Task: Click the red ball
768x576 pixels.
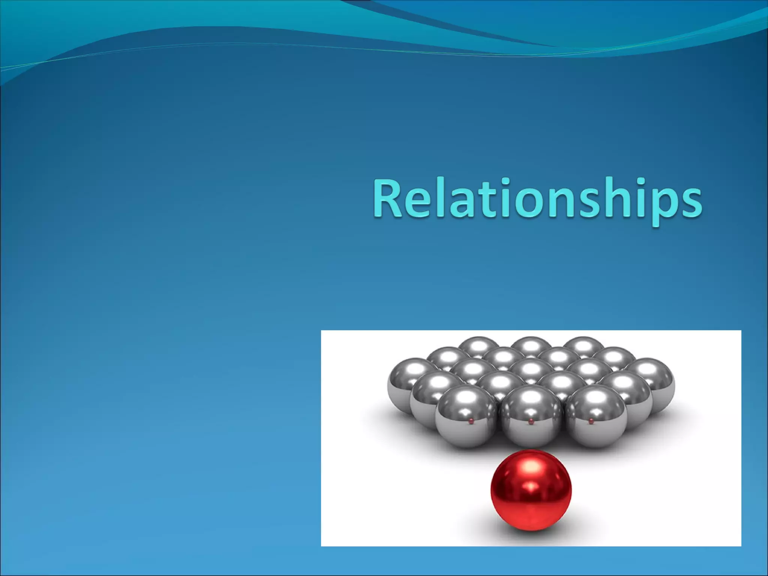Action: coord(531,491)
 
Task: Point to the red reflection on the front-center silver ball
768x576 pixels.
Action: coord(531,422)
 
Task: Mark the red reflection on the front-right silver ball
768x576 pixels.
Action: coord(591,421)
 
